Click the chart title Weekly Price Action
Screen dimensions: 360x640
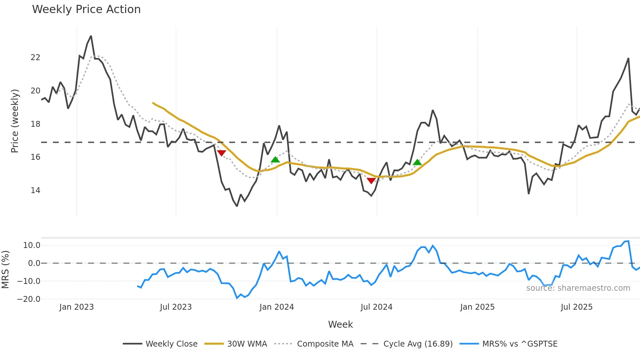click(x=86, y=9)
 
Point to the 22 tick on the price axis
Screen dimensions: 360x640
click(x=35, y=57)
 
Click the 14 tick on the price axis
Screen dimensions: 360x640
click(x=35, y=190)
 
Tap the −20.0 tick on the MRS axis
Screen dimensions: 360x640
click(x=29, y=299)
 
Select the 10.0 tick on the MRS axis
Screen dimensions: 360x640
click(x=32, y=245)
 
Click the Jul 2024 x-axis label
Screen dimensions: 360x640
click(x=376, y=307)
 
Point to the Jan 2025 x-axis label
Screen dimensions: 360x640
click(x=477, y=307)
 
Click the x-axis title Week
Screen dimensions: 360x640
click(x=340, y=324)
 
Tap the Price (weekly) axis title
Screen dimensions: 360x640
click(x=15, y=121)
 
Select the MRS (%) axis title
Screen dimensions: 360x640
click(x=5, y=270)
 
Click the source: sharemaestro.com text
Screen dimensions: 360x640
click(x=578, y=288)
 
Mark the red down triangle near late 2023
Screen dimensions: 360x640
click(x=221, y=153)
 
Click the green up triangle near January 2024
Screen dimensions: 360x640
click(x=275, y=159)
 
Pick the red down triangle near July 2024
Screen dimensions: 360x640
click(x=371, y=181)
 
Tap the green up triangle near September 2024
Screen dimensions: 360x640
click(x=417, y=162)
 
